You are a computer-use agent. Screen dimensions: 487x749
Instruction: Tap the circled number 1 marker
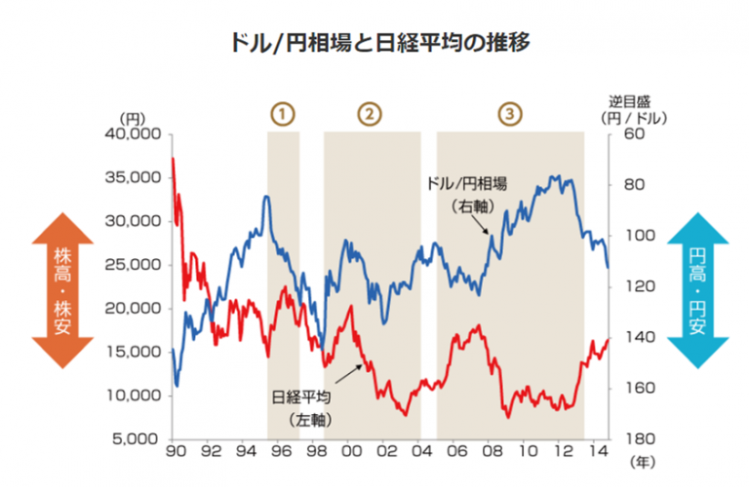click(x=283, y=113)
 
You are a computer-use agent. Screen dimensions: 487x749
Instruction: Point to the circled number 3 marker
click(x=509, y=113)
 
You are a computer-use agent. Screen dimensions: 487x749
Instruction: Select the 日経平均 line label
click(x=303, y=397)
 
